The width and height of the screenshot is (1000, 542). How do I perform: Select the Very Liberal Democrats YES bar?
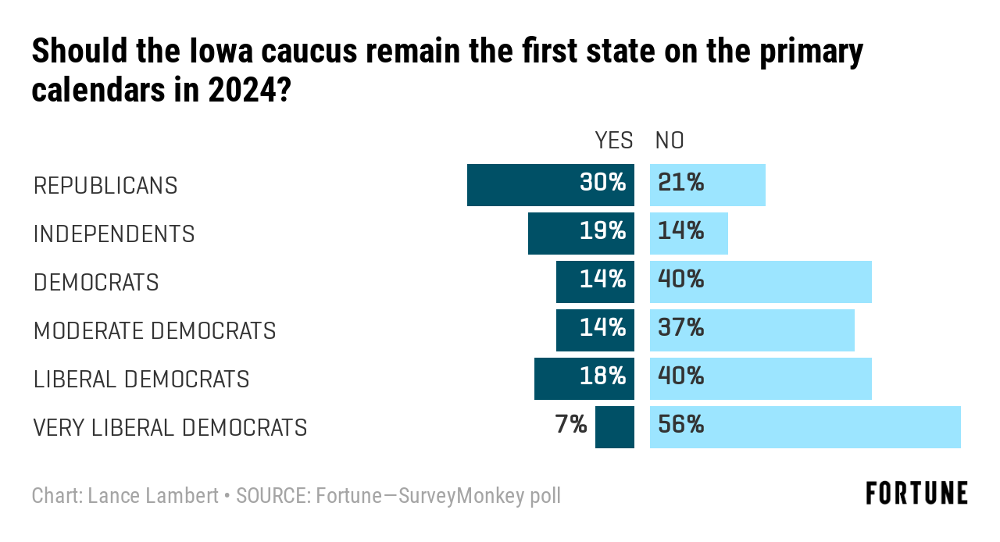(x=615, y=427)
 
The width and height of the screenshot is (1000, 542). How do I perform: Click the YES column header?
(x=614, y=141)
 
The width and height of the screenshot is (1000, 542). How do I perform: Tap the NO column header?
(x=670, y=141)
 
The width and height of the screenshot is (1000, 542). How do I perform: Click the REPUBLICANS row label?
(x=105, y=186)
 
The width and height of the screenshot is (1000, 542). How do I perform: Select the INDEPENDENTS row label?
(x=114, y=234)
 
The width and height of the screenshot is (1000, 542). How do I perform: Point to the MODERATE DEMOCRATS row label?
(x=155, y=331)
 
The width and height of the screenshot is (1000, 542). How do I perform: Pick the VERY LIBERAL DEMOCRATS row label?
(x=170, y=428)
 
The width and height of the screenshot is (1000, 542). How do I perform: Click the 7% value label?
(x=571, y=425)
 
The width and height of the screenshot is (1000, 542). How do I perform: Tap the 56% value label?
(x=681, y=425)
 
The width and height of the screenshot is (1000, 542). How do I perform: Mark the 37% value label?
(x=681, y=328)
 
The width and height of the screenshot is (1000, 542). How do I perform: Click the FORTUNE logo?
(x=916, y=494)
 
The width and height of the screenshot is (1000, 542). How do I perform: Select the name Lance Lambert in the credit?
(x=153, y=496)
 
